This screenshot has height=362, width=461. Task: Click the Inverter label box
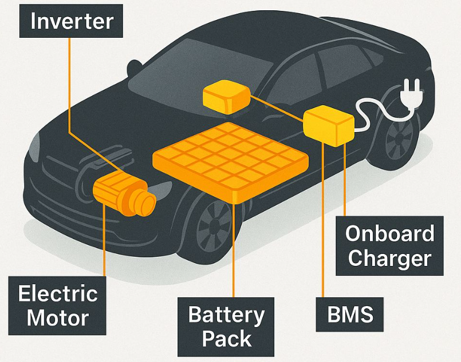[x=71, y=21]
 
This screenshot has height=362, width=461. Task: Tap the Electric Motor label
[x=57, y=305]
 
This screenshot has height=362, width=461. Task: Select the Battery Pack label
[x=226, y=327]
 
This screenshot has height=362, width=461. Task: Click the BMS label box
[x=349, y=315]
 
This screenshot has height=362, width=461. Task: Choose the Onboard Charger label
[x=389, y=246]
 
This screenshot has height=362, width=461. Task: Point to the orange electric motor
[x=124, y=194]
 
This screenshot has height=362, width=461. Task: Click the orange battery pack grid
[x=230, y=160]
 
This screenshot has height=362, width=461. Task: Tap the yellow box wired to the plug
[x=329, y=126]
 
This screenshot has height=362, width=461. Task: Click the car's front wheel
[x=215, y=223]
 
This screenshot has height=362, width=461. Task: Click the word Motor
[x=58, y=318]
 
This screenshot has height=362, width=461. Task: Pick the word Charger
[x=389, y=258]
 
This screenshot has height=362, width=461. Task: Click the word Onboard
[x=389, y=234]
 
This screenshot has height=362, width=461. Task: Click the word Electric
[x=58, y=293]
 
